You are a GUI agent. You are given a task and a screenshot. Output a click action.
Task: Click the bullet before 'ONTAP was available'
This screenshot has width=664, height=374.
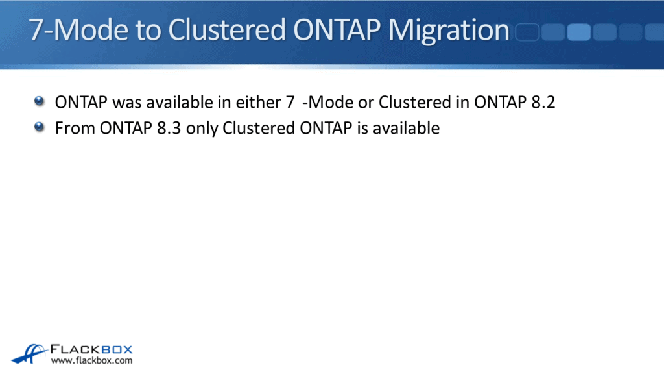click(40, 101)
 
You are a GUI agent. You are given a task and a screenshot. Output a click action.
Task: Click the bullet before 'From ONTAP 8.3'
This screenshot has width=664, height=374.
click(40, 127)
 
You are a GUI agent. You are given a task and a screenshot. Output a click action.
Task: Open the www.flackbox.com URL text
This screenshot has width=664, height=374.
click(91, 360)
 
